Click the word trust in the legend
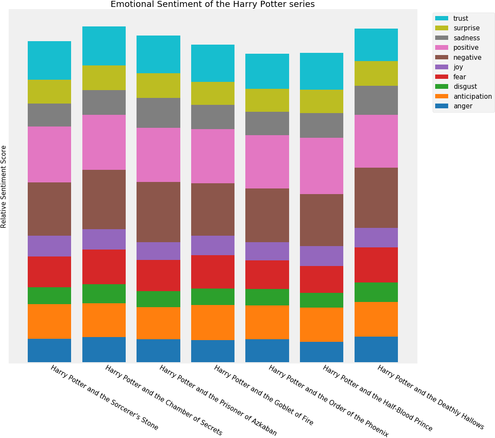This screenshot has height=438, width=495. click(460, 19)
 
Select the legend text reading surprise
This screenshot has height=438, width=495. click(466, 28)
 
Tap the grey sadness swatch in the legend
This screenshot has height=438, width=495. click(442, 38)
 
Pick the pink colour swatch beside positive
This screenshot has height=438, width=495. click(442, 48)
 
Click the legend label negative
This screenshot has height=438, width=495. click(467, 58)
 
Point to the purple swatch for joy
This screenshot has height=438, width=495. click(442, 67)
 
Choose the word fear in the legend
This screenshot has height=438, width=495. click(459, 77)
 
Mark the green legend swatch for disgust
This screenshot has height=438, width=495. click(442, 87)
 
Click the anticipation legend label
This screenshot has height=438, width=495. click(472, 97)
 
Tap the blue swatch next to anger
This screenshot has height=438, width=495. click(442, 106)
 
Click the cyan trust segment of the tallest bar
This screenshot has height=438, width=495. click(104, 46)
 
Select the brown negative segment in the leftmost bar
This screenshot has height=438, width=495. click(49, 209)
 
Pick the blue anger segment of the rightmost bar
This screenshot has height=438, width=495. click(376, 349)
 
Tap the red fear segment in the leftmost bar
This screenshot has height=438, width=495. click(49, 272)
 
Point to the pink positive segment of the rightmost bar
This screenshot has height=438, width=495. click(376, 141)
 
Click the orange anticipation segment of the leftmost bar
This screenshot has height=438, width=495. click(49, 321)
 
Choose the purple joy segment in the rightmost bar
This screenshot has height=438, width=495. click(376, 237)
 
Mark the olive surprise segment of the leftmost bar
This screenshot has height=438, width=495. click(49, 91)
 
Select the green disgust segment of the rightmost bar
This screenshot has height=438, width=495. click(376, 292)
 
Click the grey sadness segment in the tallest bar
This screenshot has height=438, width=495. click(104, 102)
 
